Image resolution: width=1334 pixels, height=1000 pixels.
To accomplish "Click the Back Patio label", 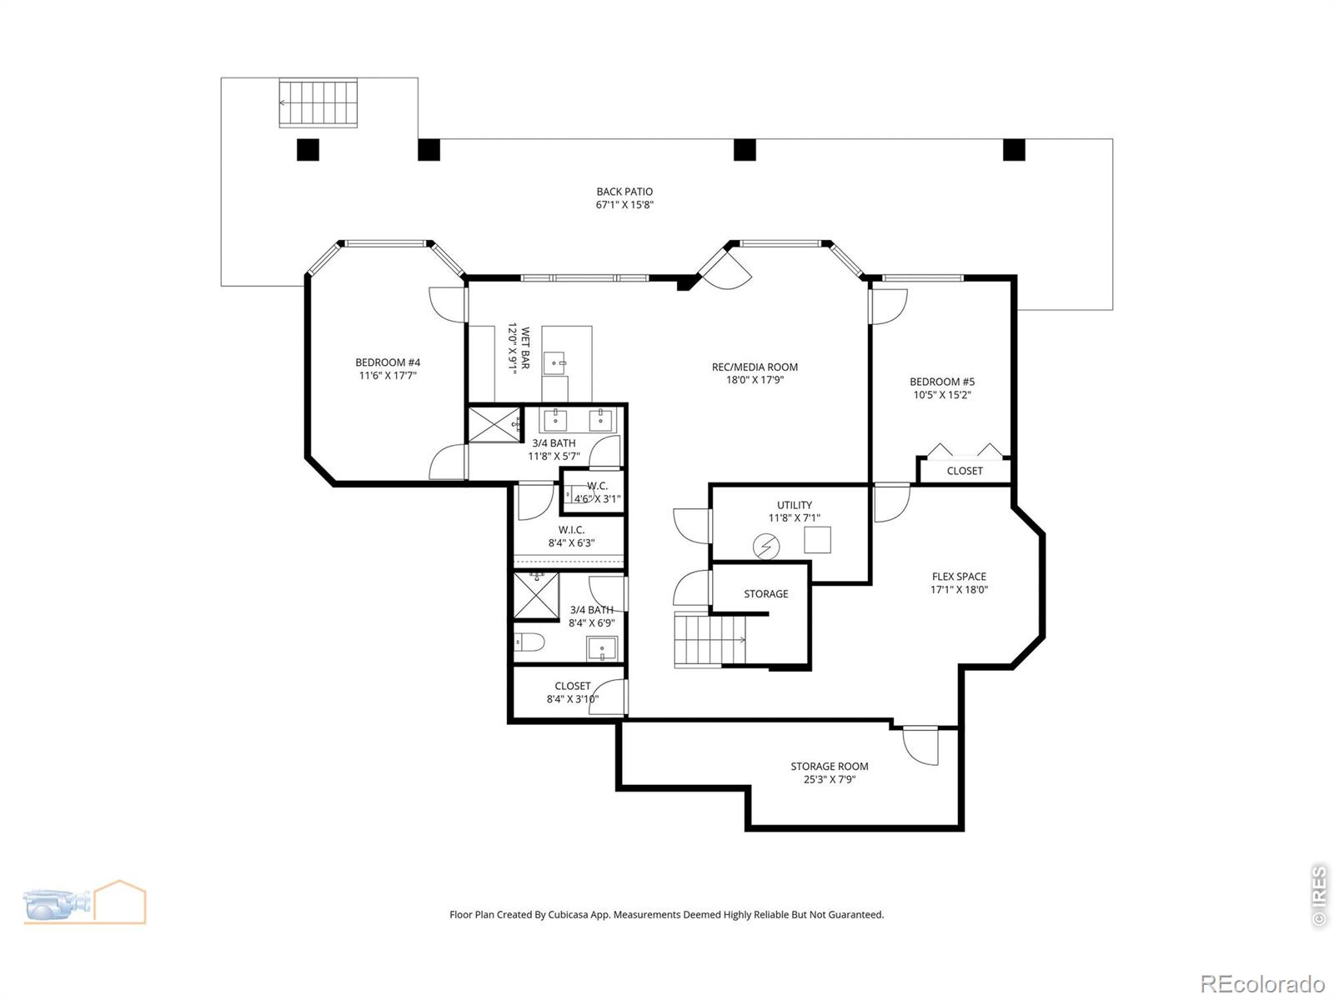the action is (624, 192).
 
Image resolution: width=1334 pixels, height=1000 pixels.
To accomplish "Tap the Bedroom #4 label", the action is (388, 362).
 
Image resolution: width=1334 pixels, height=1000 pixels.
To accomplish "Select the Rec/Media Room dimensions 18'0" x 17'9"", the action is (755, 380).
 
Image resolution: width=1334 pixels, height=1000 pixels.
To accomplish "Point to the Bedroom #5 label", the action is (942, 382).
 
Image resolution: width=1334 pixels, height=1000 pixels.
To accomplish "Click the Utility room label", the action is (795, 504).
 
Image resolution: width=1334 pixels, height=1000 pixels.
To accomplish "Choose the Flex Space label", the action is (959, 576).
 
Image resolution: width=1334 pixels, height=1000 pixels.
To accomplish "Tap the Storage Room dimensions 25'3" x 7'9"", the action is (830, 780).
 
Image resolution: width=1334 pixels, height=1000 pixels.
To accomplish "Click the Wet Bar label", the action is (525, 347).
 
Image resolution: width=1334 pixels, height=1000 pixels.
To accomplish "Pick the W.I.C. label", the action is (571, 529).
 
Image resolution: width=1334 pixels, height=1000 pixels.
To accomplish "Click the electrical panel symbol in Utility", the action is (765, 547).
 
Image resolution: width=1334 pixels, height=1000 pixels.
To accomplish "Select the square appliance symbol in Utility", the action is (817, 539).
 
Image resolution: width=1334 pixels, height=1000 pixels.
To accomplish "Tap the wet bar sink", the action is (554, 363).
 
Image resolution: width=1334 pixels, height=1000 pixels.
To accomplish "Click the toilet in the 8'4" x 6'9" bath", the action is (529, 642).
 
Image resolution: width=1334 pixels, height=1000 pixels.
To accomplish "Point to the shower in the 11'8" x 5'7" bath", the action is (494, 424).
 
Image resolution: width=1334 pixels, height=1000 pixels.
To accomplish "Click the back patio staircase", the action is (318, 102).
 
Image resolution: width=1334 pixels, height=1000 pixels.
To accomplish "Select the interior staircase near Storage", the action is (710, 641).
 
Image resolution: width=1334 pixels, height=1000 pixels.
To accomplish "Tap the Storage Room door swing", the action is (920, 746).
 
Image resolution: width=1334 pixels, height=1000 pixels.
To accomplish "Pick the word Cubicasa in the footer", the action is (569, 914).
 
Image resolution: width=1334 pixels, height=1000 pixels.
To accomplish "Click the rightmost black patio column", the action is (1014, 149).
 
